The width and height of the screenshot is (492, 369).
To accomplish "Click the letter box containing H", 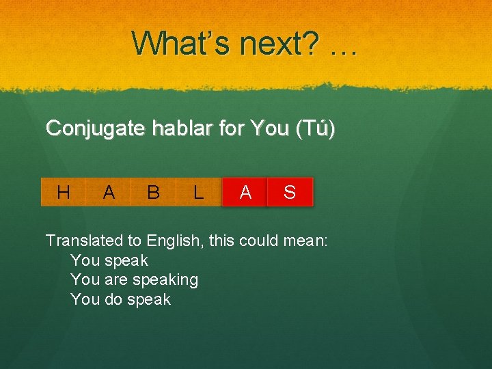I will tap(64, 193).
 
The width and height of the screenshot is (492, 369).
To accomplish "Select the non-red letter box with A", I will tap(109, 193).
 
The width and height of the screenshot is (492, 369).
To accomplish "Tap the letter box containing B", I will tap(153, 193).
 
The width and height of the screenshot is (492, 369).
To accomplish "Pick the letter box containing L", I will tap(198, 193).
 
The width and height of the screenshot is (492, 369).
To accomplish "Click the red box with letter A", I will tap(245, 193).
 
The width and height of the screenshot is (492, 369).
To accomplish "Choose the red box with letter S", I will tap(290, 193).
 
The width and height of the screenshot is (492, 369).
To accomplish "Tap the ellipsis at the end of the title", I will tap(342, 48).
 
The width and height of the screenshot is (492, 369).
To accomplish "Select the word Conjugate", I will tap(95, 129).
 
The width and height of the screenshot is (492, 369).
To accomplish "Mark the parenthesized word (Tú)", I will tap(312, 128).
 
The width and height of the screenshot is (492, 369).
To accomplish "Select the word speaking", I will tap(165, 280).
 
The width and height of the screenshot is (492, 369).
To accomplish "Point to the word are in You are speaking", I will tap(118, 280).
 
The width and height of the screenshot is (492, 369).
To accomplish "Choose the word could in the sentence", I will tap(263, 241).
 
